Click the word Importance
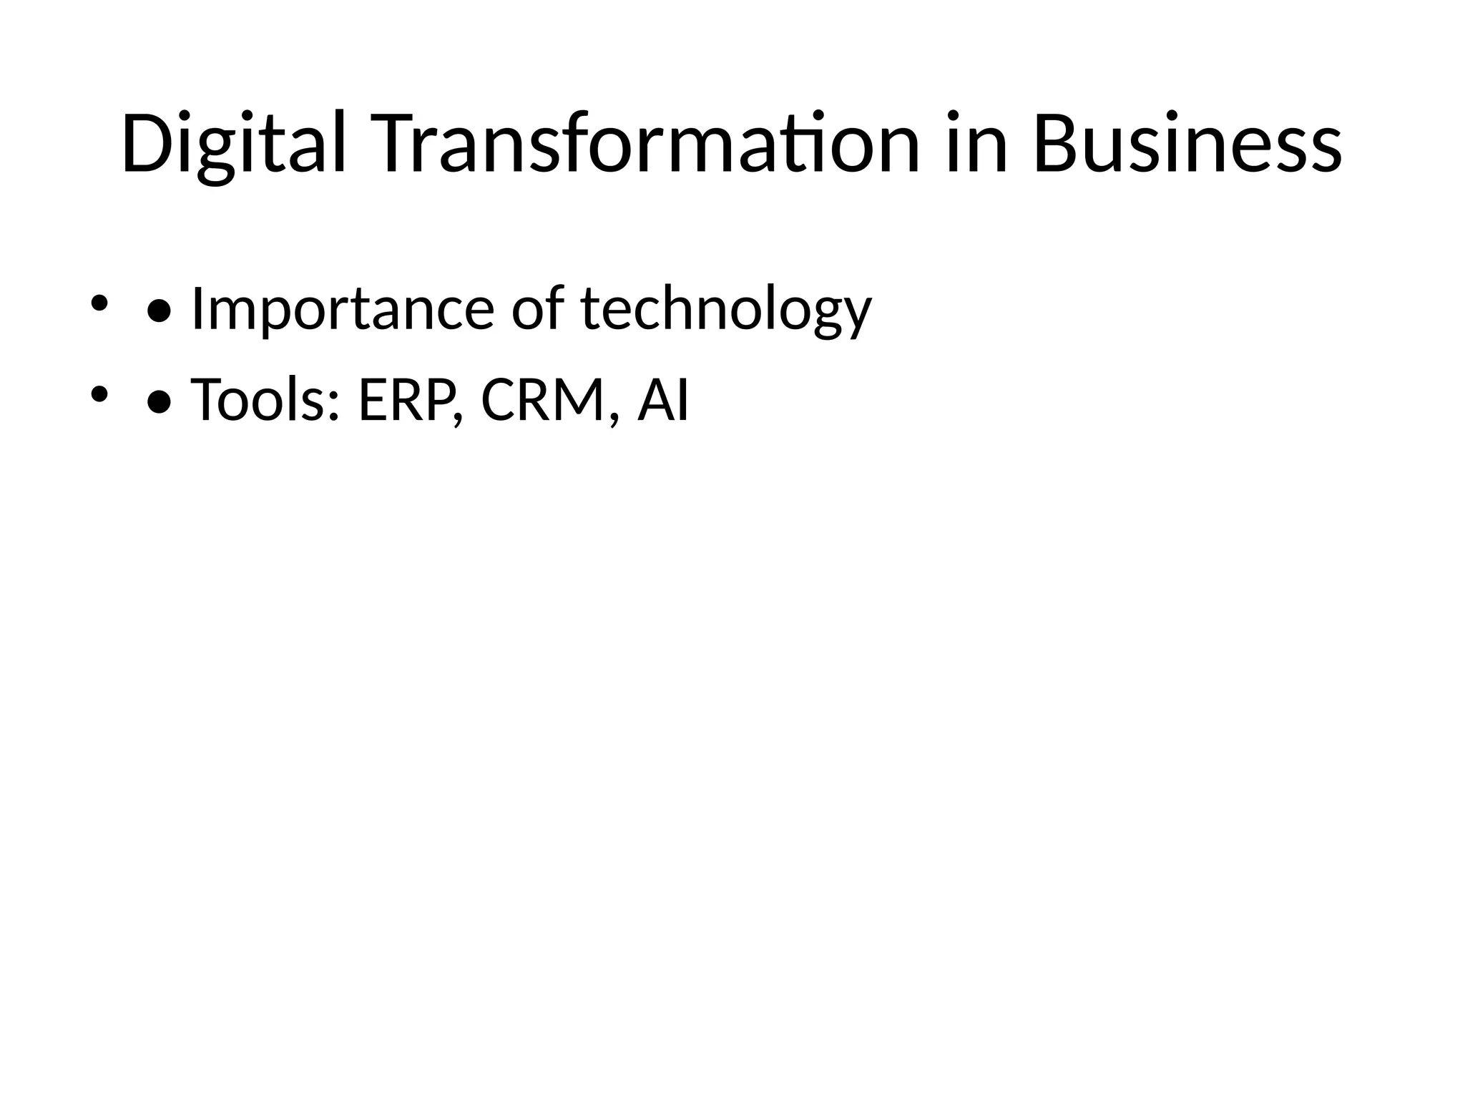click(343, 309)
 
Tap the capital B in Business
click(1057, 143)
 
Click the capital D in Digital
click(147, 143)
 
